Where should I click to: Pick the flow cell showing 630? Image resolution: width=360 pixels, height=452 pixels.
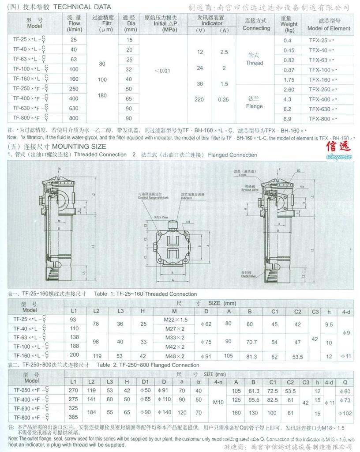tap(74, 108)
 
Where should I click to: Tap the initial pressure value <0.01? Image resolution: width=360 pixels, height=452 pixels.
tap(163, 71)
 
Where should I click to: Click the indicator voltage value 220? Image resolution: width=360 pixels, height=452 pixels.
tap(199, 100)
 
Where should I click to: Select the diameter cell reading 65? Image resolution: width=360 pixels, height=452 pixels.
tap(129, 98)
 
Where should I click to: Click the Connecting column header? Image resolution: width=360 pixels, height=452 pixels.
tap(256, 24)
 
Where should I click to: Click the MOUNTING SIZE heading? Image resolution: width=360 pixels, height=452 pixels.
tap(79, 146)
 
